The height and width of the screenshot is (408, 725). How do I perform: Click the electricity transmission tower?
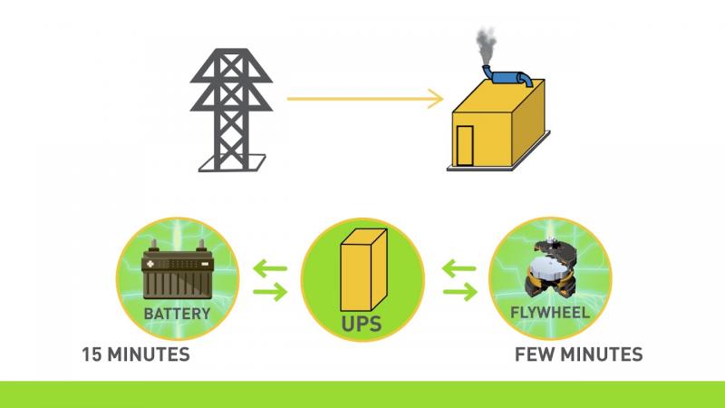tap(231, 110)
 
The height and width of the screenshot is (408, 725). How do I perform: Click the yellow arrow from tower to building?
tap(365, 99)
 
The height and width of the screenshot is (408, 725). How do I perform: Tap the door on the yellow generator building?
tap(465, 145)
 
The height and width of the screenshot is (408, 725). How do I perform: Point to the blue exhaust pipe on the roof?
tap(507, 77)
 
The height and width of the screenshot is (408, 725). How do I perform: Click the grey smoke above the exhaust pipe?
tap(486, 46)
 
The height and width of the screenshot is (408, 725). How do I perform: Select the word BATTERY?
tap(177, 314)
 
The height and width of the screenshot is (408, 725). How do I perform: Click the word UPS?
tap(361, 324)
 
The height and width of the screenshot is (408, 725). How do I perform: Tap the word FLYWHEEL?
tap(550, 312)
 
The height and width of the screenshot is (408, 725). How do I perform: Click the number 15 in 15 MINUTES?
tap(92, 355)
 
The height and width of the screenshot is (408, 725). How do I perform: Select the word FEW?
tap(534, 355)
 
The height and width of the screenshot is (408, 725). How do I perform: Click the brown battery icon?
tap(177, 269)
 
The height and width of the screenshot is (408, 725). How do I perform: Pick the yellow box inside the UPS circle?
tap(363, 270)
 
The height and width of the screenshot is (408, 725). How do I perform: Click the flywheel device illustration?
tap(550, 267)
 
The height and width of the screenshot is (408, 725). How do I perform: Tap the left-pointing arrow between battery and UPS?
tap(270, 268)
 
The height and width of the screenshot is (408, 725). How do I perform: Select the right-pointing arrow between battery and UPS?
tap(270, 292)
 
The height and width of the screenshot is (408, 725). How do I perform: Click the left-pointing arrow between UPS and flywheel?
tap(459, 268)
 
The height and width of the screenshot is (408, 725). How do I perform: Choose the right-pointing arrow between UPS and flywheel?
tap(460, 292)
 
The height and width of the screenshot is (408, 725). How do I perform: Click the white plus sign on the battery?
tap(150, 264)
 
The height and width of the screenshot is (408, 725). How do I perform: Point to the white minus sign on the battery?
tap(205, 264)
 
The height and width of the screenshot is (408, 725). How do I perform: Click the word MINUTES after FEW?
tap(600, 355)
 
